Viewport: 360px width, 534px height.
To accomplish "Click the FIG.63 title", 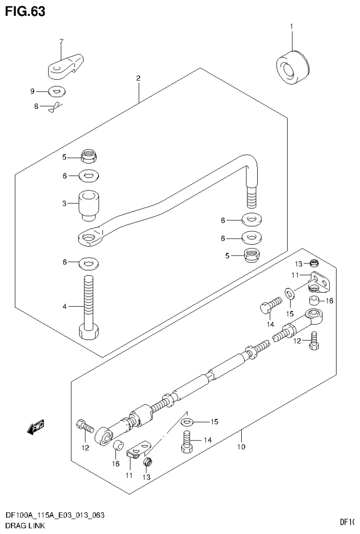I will (x=25, y=11).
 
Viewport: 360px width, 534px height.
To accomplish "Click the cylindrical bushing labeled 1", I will (x=291, y=69).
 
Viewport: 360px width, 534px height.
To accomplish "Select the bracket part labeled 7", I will (x=66, y=66).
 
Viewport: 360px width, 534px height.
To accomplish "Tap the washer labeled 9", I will (x=57, y=91).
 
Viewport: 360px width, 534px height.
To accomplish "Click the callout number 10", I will (x=241, y=447).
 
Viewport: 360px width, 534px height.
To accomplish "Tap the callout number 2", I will (x=138, y=78).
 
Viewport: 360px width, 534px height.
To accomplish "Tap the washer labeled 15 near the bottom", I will (x=187, y=422).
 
